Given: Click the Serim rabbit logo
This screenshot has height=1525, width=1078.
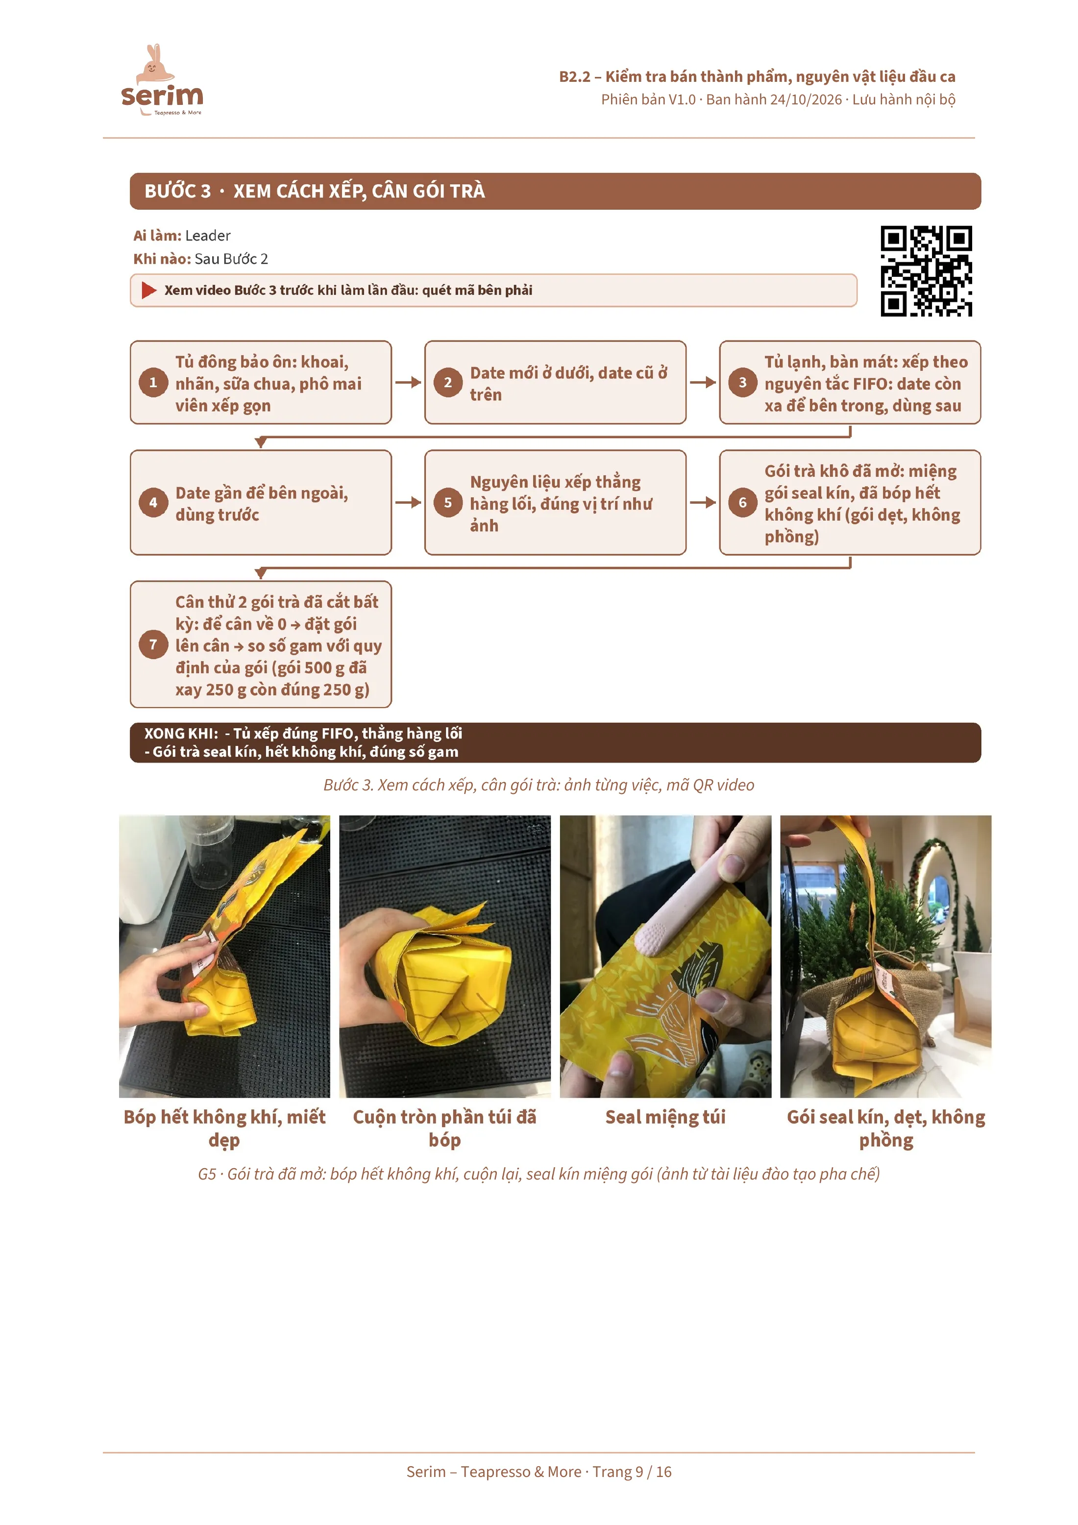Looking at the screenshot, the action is (x=162, y=80).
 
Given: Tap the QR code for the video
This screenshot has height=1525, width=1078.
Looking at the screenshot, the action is (x=926, y=271).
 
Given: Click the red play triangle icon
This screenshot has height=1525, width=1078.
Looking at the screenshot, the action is (x=149, y=290).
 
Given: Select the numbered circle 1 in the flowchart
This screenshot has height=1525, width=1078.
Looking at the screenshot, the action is (x=153, y=383).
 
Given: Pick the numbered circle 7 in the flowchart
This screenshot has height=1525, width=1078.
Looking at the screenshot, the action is (x=153, y=644).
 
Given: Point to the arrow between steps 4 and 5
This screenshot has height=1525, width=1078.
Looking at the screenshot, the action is (x=408, y=502).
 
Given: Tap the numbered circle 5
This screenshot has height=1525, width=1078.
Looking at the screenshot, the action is (x=448, y=502).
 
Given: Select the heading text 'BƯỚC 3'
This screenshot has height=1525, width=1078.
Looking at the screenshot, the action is (x=177, y=191).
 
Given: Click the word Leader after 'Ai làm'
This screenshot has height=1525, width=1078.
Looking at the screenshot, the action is (x=208, y=236).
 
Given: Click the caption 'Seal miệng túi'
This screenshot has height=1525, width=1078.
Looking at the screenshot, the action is (x=665, y=1118).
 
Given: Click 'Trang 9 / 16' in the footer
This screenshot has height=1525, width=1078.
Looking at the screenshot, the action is (x=632, y=1472).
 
